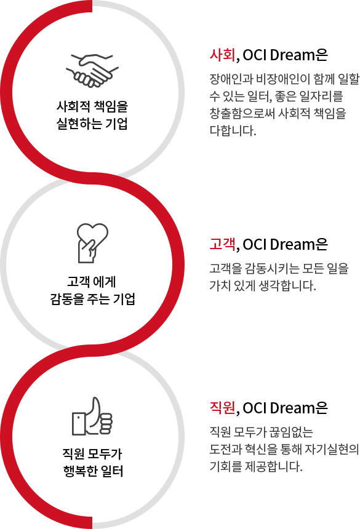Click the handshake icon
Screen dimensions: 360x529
click(92, 71)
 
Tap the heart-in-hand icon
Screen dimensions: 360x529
click(92, 243)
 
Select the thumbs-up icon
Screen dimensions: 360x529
click(92, 416)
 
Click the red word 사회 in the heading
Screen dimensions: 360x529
click(222, 55)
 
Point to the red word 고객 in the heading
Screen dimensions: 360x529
click(222, 244)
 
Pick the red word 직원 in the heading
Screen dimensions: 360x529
click(222, 408)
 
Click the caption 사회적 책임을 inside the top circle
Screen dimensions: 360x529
click(92, 106)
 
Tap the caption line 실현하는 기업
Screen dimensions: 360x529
click(92, 124)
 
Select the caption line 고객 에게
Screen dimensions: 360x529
click(92, 281)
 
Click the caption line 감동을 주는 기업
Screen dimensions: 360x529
click(92, 298)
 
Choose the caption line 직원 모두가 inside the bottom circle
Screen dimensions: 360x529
click(92, 453)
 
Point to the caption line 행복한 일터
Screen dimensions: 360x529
click(93, 471)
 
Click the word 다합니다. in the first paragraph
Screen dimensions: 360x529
click(233, 130)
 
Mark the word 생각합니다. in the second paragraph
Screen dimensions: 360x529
click(287, 286)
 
